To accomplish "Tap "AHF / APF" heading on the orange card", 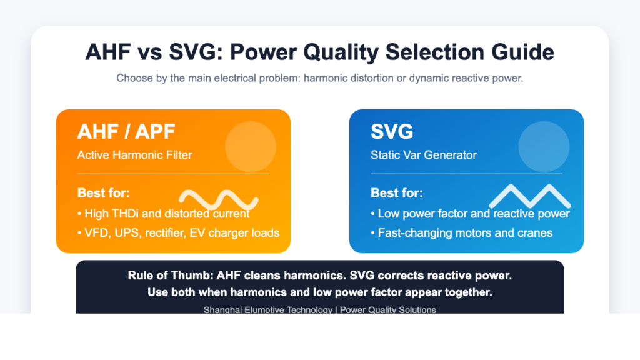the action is (126, 131).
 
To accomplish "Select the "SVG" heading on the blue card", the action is (392, 131).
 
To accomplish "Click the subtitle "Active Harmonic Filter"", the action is (135, 155).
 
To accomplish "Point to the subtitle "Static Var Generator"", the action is (424, 155).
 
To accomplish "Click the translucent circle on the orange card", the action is (251, 146).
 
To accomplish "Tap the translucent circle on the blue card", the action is (544, 146).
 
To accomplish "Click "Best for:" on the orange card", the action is (104, 193).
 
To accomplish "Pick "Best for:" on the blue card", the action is (397, 193).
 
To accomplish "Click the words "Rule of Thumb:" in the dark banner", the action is (171, 276).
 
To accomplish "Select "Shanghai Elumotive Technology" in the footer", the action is (268, 310).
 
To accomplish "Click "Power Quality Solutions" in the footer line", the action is (387, 310).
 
